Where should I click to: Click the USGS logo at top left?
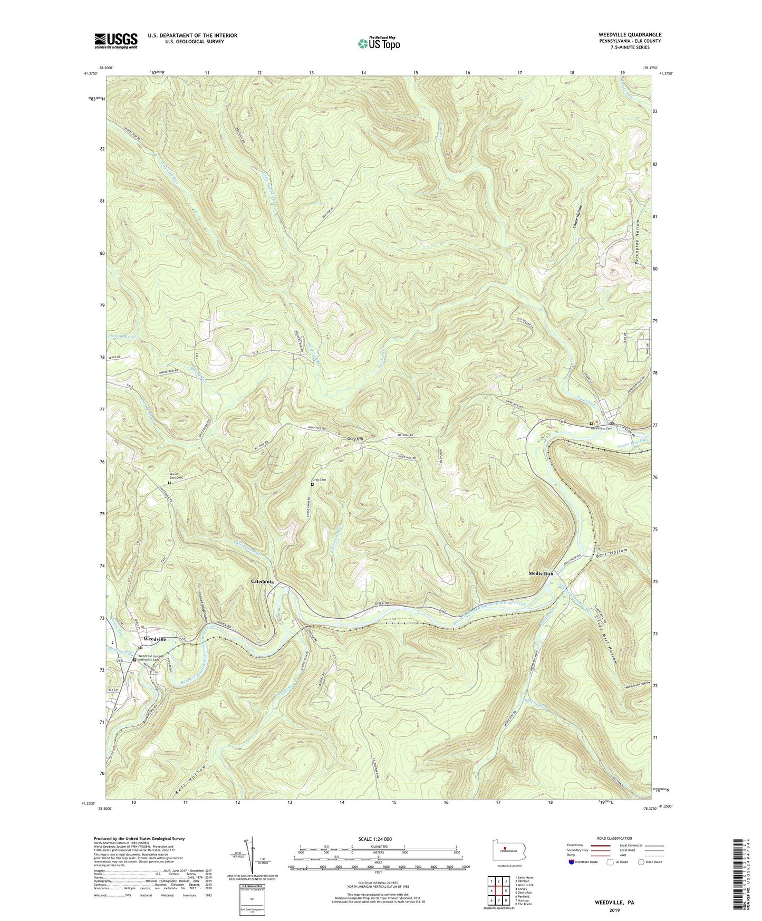pyautogui.click(x=116, y=41)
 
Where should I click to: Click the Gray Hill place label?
pyautogui.click(x=355, y=439)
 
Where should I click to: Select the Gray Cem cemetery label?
pyautogui.click(x=319, y=480)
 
